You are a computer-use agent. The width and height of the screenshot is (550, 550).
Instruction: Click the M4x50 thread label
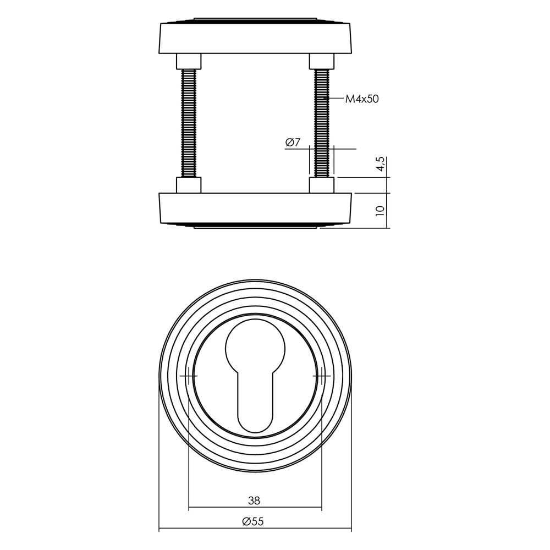362,100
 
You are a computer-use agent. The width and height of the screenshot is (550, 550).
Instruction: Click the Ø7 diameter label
293,143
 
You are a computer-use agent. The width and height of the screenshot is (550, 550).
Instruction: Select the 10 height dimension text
380,210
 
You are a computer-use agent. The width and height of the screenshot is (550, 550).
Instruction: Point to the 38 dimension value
254,501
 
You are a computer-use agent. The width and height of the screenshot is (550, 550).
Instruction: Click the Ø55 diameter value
254,522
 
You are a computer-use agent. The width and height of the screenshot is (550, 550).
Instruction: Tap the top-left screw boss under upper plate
189,61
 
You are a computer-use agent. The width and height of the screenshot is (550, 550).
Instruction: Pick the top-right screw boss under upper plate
322,61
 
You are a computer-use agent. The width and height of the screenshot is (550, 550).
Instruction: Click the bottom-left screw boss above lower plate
189,185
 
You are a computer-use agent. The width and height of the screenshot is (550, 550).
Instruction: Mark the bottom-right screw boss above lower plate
322,185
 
